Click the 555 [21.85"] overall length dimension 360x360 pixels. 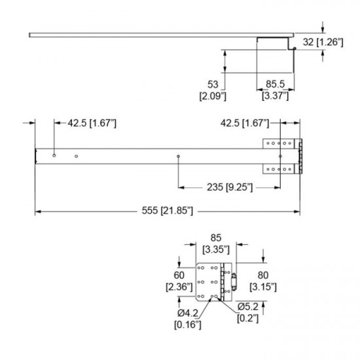pyautogui.click(x=168, y=211)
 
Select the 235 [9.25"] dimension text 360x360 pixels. pyautogui.click(x=230, y=187)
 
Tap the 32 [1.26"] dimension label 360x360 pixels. pyautogui.click(x=323, y=43)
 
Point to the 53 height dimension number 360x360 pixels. pyautogui.click(x=213, y=84)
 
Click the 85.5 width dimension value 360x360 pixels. pyautogui.click(x=276, y=84)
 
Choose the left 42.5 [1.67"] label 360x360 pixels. pyautogui.click(x=92, y=123)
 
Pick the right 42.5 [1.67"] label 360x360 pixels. pyautogui.click(x=245, y=123)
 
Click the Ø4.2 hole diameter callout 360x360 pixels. pyautogui.click(x=188, y=313)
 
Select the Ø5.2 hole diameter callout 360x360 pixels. pyautogui.click(x=248, y=307)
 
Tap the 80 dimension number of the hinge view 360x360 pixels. pyautogui.click(x=263, y=275)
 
